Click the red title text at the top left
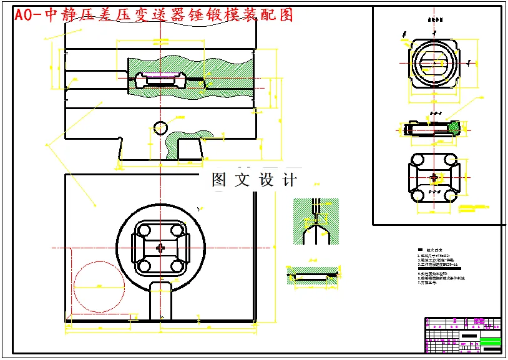pyautogui.click(x=153, y=14)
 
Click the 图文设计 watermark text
pyautogui.click(x=254, y=180)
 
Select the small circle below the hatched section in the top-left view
pyautogui.click(x=160, y=127)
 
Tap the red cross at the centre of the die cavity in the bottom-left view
pyautogui.click(x=162, y=248)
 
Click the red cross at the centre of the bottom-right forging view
pyautogui.click(x=434, y=178)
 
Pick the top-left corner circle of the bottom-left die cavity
pyautogui.click(x=144, y=231)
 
